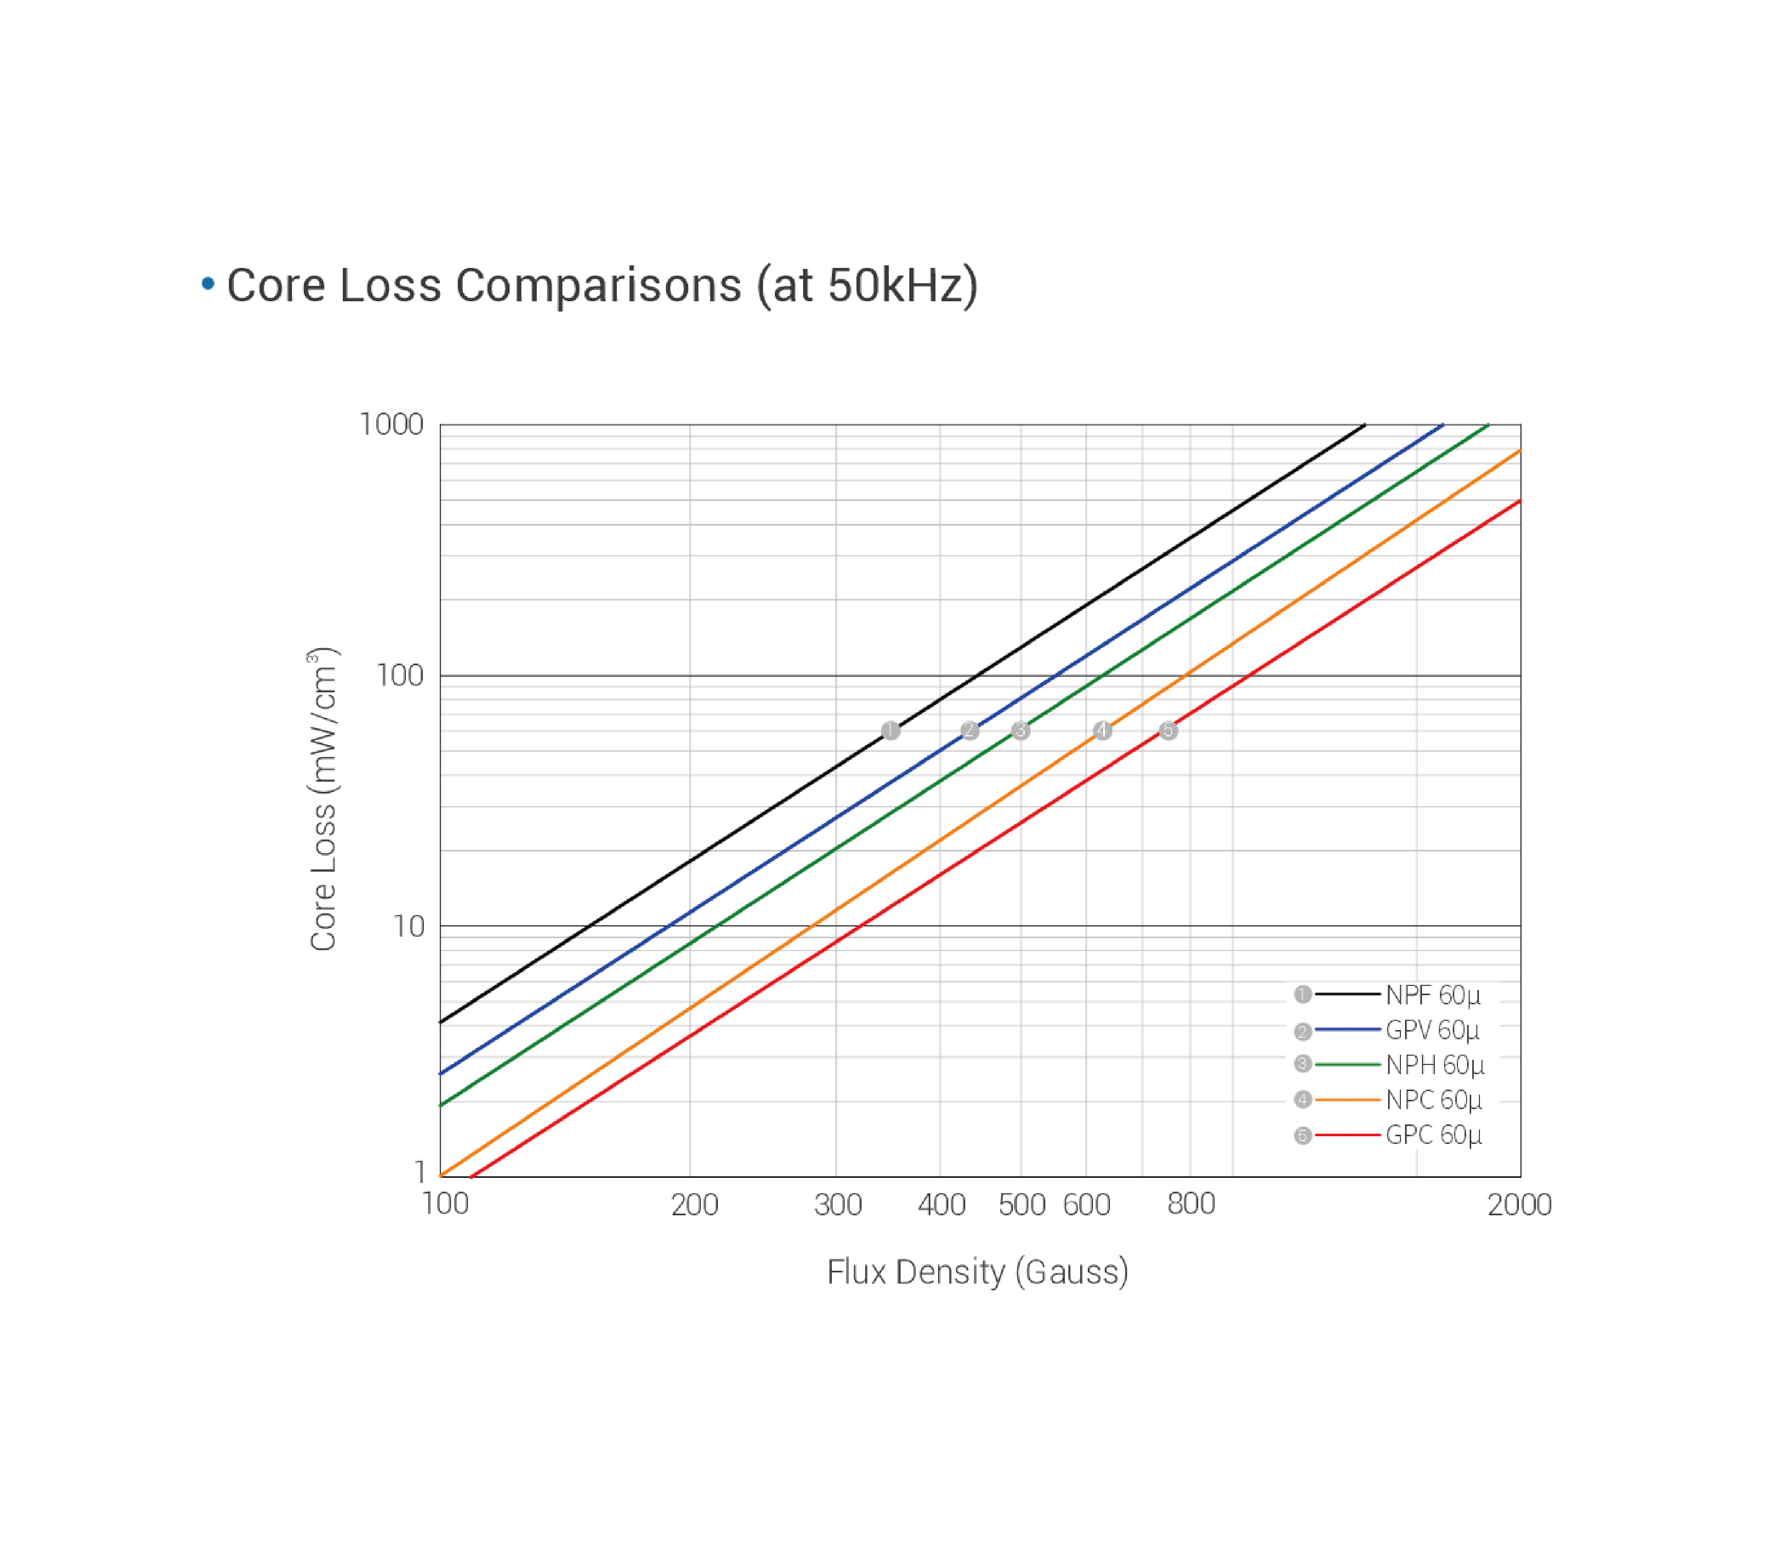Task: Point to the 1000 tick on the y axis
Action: point(391,424)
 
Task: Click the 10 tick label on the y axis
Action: point(408,926)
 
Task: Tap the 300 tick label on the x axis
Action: point(838,1205)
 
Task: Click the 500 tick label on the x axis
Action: point(1022,1205)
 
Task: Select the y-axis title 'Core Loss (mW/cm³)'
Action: point(322,799)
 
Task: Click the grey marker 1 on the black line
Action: point(890,731)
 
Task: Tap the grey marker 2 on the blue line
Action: point(970,731)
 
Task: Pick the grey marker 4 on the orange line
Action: point(1102,731)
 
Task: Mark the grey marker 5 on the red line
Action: point(1168,731)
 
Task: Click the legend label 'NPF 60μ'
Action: point(1433,995)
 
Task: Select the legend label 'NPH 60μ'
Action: point(1434,1064)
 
